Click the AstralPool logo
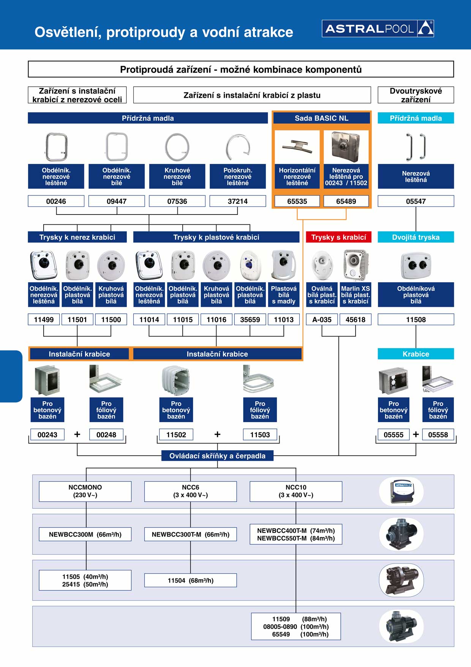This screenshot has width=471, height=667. [x=378, y=29]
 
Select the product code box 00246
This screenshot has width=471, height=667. [x=56, y=201]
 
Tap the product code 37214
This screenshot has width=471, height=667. [x=237, y=201]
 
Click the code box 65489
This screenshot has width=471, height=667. [x=346, y=201]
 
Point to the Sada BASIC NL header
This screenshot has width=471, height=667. [x=321, y=118]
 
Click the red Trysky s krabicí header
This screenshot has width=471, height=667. [x=338, y=237]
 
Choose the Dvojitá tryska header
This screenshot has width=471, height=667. [x=416, y=237]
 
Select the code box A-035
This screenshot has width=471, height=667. [x=322, y=319]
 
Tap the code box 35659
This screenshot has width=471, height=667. [x=250, y=319]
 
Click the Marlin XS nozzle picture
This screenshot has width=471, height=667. [x=355, y=265]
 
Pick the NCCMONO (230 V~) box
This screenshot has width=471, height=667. [x=85, y=491]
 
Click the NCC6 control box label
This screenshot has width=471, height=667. [x=190, y=491]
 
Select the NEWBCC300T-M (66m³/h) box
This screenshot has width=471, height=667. [x=190, y=534]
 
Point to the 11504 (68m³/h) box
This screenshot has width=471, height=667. [x=190, y=580]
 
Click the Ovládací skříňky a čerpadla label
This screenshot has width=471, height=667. [x=217, y=456]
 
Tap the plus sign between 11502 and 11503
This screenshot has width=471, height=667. [x=217, y=434]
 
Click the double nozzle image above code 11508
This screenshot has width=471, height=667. [x=416, y=265]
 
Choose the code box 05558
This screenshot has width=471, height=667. [x=438, y=435]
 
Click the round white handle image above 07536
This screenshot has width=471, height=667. [x=177, y=147]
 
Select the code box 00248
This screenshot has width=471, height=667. [x=106, y=435]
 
